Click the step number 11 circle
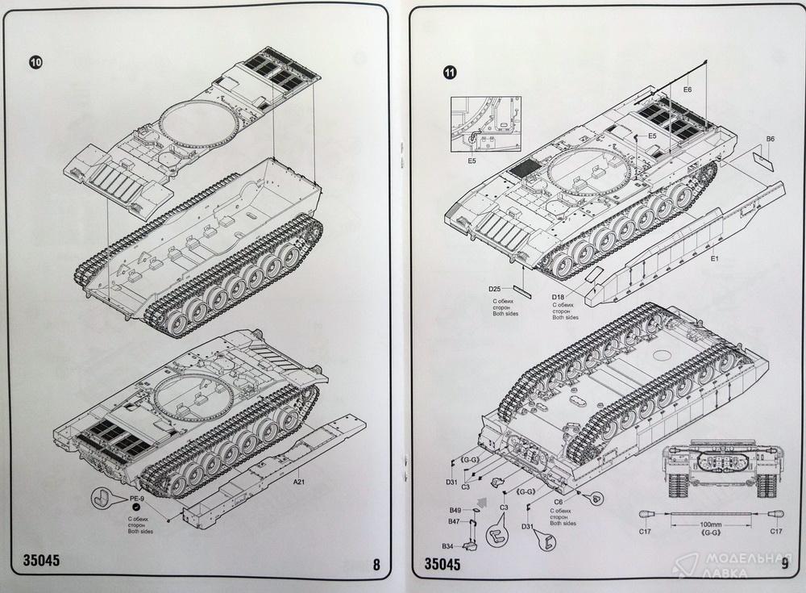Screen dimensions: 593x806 [449, 72]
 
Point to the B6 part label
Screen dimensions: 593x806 [771, 140]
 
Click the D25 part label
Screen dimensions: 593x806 [495, 289]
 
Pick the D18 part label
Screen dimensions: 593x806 [558, 297]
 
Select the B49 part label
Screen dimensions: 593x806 [455, 511]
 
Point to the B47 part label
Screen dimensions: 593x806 [455, 522]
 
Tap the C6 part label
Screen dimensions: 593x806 [557, 501]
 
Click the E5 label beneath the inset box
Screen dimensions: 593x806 [472, 161]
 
